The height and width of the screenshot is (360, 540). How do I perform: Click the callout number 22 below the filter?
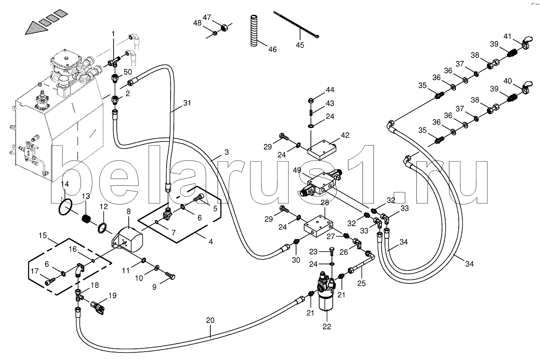pos(327,327)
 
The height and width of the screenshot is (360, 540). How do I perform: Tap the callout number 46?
pos(273,49)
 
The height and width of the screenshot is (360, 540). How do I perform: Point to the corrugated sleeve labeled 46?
pos(253,31)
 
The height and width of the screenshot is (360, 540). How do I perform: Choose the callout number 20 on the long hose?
pos(210,320)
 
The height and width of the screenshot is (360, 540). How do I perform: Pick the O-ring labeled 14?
pos(65,207)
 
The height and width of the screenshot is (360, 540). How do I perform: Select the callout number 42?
pos(345,135)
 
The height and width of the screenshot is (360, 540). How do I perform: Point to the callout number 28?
pos(325,203)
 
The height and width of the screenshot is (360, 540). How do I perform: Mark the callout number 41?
pos(507,36)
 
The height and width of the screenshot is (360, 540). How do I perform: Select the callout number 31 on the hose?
pos(187,103)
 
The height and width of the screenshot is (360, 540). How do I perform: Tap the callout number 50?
pos(128,72)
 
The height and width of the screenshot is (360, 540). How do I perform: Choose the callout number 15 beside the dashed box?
pos(43,235)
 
